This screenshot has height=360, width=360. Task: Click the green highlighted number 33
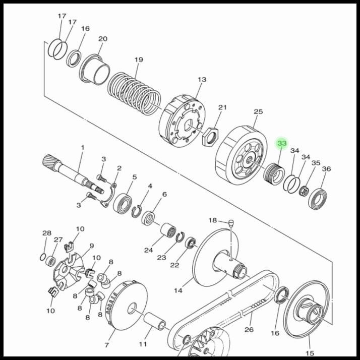282,144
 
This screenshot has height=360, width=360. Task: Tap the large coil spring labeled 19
135,92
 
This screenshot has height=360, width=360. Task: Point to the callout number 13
202,80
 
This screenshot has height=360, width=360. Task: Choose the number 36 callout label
326,169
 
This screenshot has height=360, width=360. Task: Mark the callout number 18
213,220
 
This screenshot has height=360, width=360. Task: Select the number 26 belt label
249,330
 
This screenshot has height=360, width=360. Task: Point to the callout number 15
310,353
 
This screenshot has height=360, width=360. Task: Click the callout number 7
106,345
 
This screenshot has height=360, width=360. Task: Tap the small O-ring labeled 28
43,257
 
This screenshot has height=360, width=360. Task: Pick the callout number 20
103,39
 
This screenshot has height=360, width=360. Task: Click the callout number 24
148,250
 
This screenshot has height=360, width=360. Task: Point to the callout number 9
91,246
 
